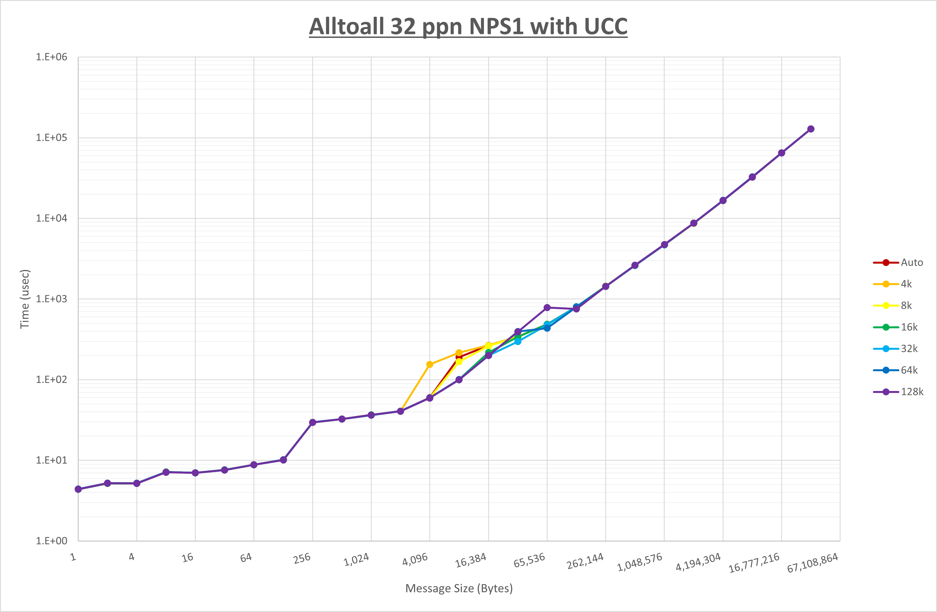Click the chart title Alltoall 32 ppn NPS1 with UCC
pos(468,27)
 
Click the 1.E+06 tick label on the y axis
pos(52,57)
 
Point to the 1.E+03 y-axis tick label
pos(52,299)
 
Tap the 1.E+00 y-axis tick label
pos(52,541)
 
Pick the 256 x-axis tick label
pos(302,558)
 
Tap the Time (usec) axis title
pos(25,299)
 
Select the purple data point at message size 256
pos(313,422)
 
